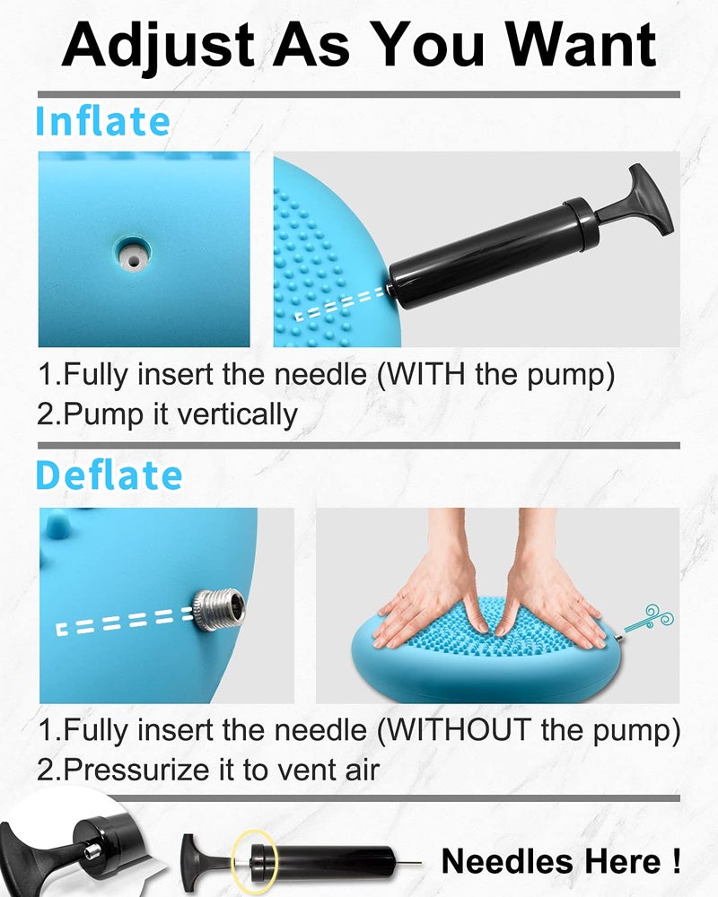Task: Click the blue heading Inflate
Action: pyautogui.click(x=103, y=121)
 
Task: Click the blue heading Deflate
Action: pyautogui.click(x=109, y=475)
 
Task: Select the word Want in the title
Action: pyautogui.click(x=582, y=45)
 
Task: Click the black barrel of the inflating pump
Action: pyautogui.click(x=494, y=252)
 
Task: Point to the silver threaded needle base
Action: pyautogui.click(x=219, y=609)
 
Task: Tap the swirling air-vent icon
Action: pyautogui.click(x=649, y=619)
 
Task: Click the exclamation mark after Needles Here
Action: pyautogui.click(x=677, y=860)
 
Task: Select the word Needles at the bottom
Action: pyautogui.click(x=495, y=861)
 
